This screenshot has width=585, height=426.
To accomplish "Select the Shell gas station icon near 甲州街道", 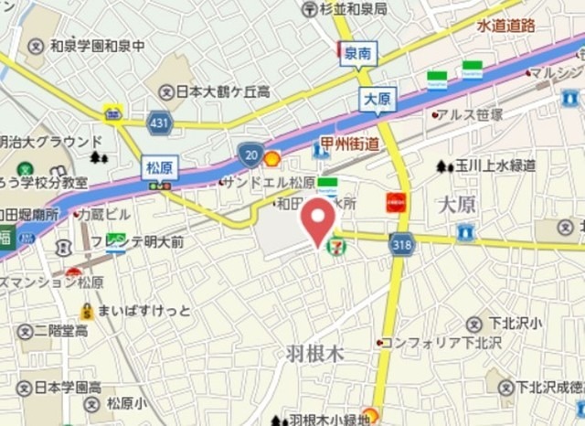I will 271,157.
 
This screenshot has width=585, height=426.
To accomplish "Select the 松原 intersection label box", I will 160,167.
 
